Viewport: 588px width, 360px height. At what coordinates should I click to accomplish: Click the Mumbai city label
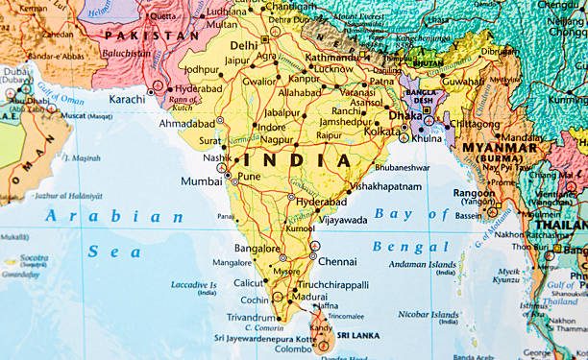pyautogui.click(x=201, y=180)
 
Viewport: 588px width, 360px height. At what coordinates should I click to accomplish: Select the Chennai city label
pyautogui.click(x=338, y=261)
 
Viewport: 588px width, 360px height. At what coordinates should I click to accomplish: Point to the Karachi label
pyautogui.click(x=128, y=98)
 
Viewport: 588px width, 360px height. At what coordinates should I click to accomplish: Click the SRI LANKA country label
pyautogui.click(x=357, y=335)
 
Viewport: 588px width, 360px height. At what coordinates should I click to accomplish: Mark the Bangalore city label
pyautogui.click(x=257, y=249)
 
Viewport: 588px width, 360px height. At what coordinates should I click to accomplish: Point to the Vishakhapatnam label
pyautogui.click(x=385, y=185)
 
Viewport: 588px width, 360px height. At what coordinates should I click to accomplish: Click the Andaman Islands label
pyautogui.click(x=429, y=265)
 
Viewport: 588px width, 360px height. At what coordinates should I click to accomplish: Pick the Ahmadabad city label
pyautogui.click(x=190, y=123)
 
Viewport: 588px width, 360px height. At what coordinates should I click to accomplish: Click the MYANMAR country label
pyautogui.click(x=499, y=149)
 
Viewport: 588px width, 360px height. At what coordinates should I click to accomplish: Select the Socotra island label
pyautogui.click(x=33, y=258)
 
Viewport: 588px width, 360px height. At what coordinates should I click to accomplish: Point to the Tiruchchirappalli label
pyautogui.click(x=333, y=285)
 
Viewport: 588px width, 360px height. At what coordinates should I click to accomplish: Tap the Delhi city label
pyautogui.click(x=244, y=45)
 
